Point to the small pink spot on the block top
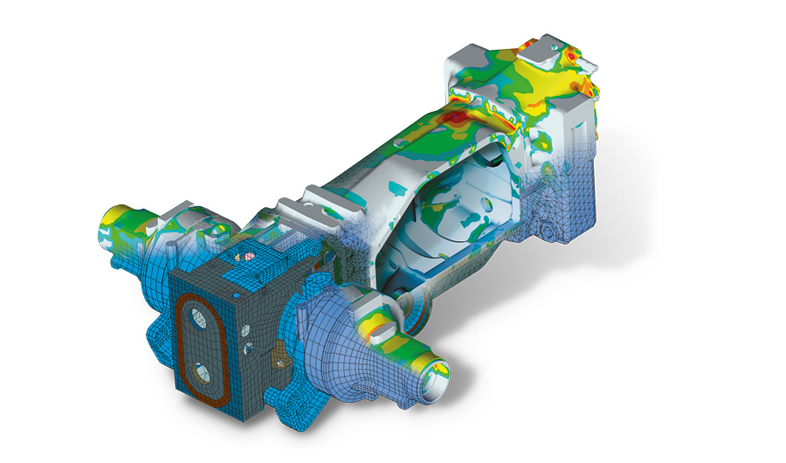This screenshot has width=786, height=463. click(x=248, y=257)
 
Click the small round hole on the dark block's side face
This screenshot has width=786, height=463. click(x=250, y=330)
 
